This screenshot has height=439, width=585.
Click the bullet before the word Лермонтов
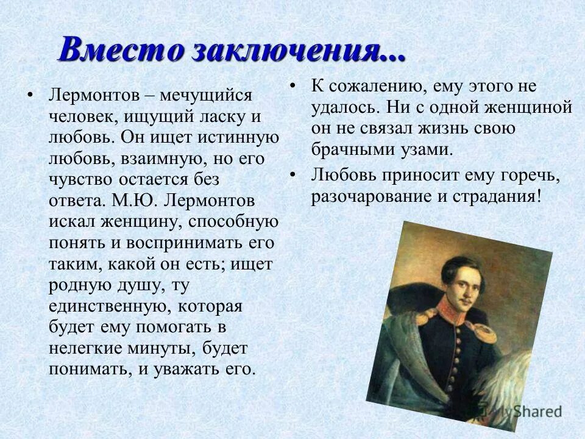point(29,96)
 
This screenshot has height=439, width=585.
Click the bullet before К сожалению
point(293,85)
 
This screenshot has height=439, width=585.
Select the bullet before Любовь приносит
point(293,175)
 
